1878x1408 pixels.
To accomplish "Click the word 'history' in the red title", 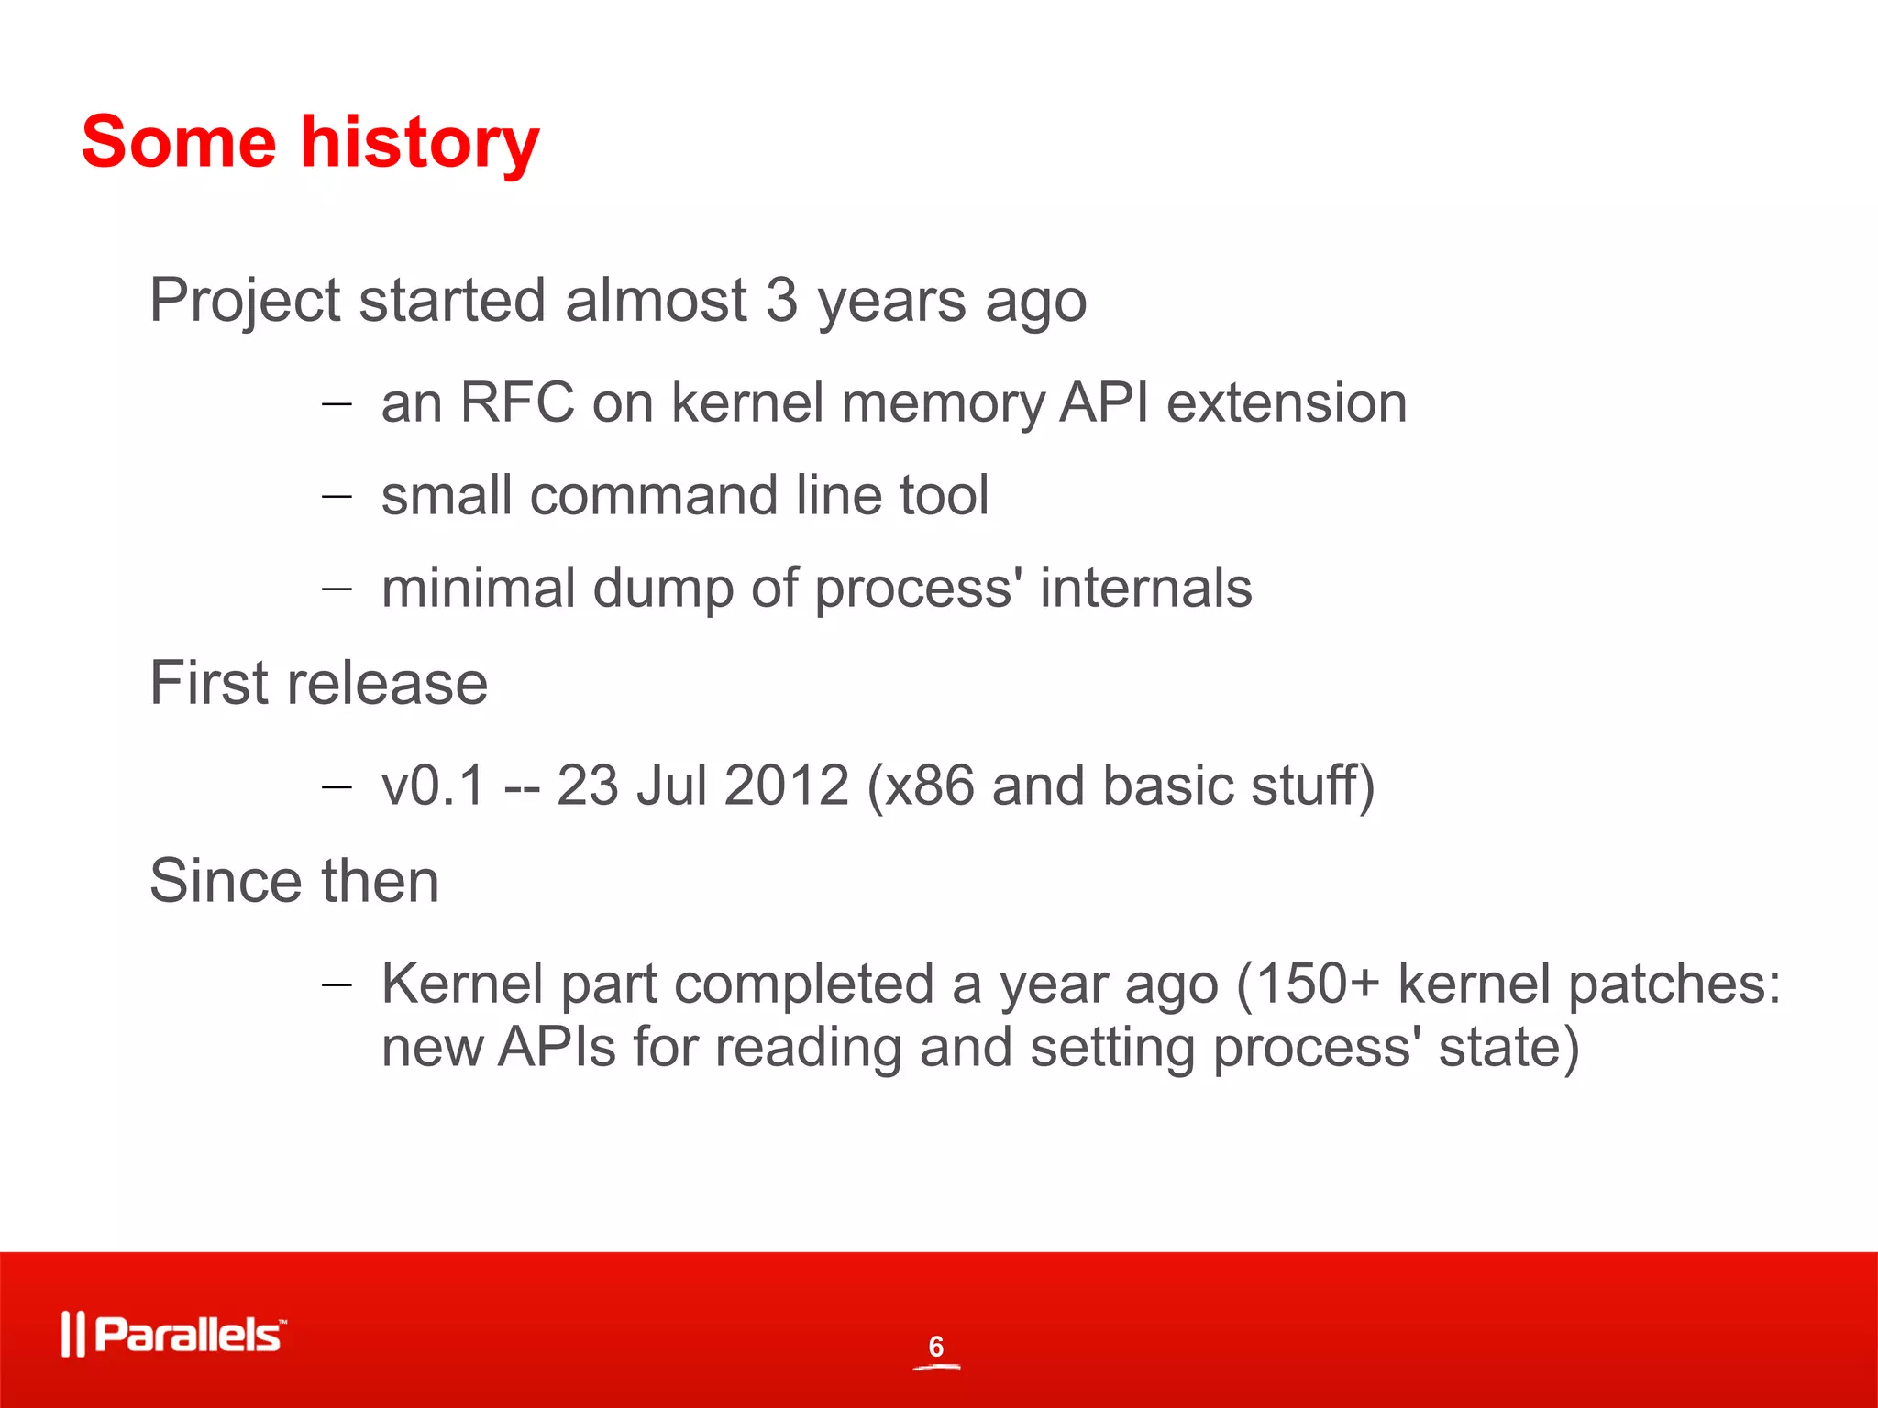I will [420, 144].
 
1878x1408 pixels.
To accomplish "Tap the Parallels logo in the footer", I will [174, 1335].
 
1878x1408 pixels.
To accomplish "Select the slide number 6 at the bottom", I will [935, 1346].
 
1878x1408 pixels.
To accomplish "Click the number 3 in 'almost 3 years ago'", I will [781, 300].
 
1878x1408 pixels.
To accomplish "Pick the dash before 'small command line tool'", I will [337, 496].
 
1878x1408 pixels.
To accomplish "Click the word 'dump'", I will [663, 588].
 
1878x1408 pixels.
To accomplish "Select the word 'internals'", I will [1145, 588].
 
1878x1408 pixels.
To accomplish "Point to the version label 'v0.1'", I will [433, 786].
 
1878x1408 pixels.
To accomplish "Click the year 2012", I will [786, 786].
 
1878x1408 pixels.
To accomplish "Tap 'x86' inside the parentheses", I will [928, 786].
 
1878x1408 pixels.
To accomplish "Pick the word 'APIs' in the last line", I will [557, 1047].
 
